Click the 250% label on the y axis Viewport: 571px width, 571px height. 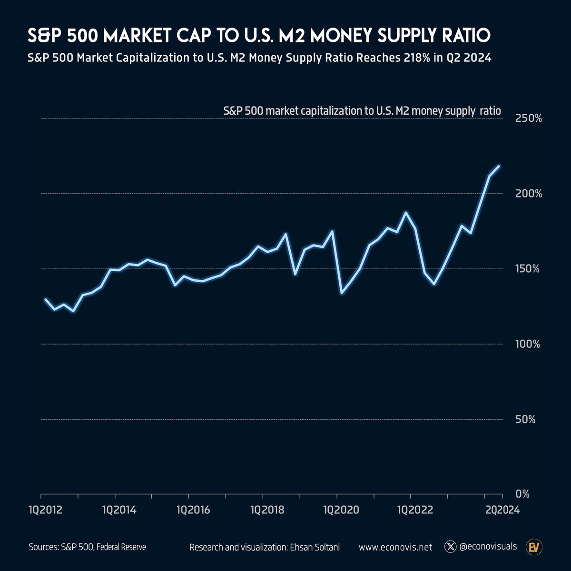(x=529, y=118)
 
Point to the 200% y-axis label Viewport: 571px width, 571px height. (x=529, y=194)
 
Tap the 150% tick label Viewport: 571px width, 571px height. (x=529, y=269)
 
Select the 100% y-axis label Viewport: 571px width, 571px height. (x=529, y=344)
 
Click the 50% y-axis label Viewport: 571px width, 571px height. (x=531, y=419)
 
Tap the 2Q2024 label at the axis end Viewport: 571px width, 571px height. (x=499, y=510)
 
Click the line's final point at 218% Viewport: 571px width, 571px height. (x=499, y=166)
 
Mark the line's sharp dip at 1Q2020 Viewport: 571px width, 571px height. (x=342, y=293)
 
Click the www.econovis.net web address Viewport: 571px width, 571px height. (x=395, y=547)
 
